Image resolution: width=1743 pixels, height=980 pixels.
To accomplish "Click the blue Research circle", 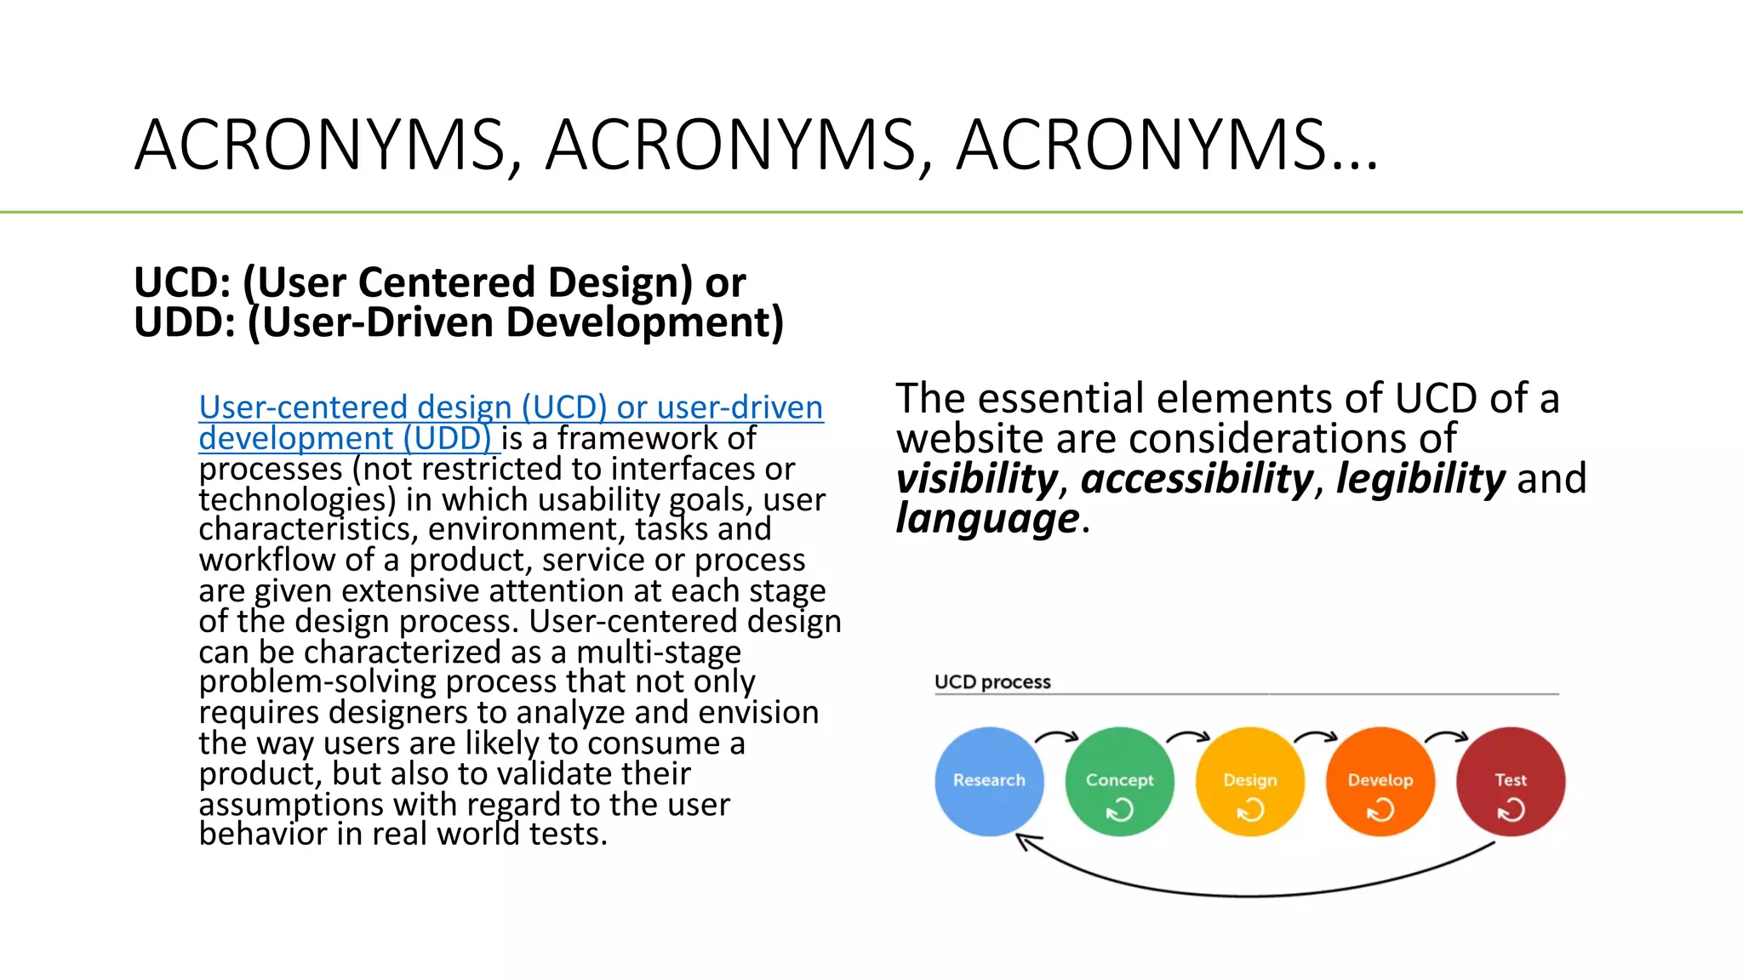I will (989, 781).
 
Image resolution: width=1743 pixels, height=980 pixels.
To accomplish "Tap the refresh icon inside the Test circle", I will (1511, 810).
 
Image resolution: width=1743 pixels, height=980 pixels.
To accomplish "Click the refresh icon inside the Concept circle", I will (1120, 810).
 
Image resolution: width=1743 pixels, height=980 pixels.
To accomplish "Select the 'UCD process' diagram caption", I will (992, 682).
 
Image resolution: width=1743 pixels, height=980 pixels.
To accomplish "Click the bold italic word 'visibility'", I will (976, 479).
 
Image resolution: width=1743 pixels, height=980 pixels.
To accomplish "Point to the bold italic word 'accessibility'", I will (1197, 479).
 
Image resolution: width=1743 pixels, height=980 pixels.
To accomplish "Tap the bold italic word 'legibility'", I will (1420, 479).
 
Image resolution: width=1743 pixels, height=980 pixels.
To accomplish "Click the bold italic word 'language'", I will (987, 519).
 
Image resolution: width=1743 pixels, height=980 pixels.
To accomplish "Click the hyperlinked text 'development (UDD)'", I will (345, 439).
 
